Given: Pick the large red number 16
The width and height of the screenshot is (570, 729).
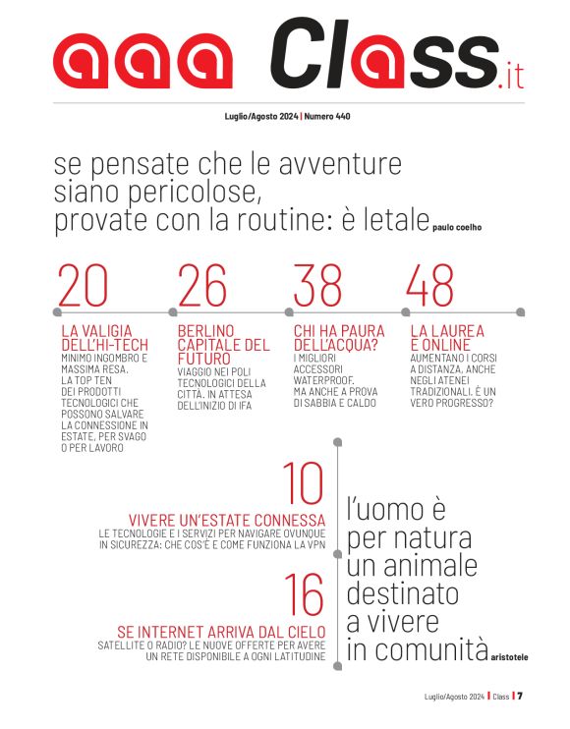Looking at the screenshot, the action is (x=303, y=595).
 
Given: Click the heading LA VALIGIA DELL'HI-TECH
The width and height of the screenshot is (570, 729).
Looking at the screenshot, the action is (x=95, y=338).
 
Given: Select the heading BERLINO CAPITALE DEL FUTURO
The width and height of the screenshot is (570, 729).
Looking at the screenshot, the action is (x=223, y=345).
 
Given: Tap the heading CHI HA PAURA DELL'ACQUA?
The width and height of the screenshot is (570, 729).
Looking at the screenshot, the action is (x=339, y=338).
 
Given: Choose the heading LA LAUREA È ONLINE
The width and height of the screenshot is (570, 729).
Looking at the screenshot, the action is (x=447, y=338).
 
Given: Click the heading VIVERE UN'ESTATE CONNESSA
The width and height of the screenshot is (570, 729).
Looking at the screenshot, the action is (x=227, y=520).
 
